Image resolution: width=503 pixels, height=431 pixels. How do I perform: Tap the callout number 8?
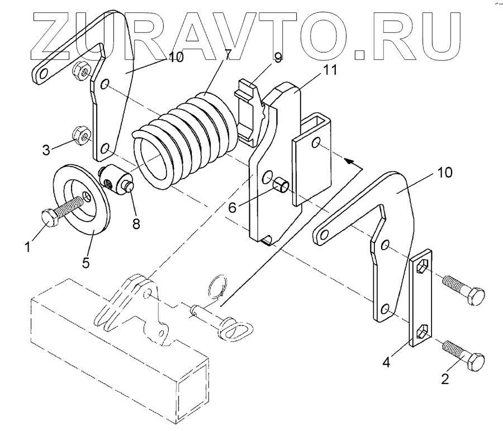(x=136, y=224)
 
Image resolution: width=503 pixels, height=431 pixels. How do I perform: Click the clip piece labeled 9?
(x=248, y=109)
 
